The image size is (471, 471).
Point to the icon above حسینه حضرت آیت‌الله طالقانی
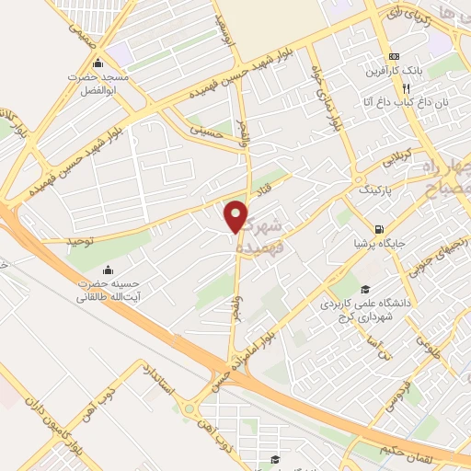tap(109, 270)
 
